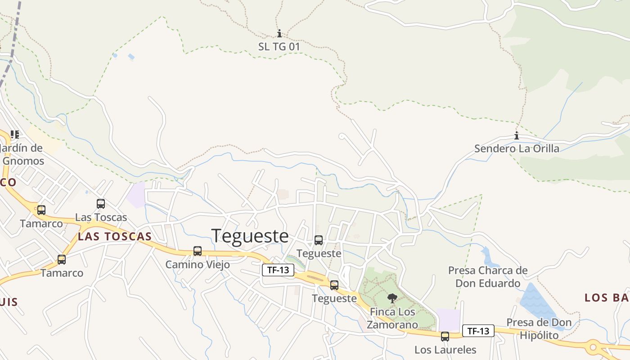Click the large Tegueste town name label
tap(250, 236)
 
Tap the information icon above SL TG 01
tap(279, 34)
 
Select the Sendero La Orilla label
tap(517, 148)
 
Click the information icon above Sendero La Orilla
tap(517, 136)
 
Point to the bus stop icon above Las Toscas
tap(101, 204)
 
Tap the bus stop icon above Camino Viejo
tap(198, 251)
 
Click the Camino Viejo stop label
tap(198, 265)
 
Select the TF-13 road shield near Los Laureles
tap(478, 331)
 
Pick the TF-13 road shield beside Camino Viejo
tap(278, 270)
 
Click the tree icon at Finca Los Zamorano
tap(392, 298)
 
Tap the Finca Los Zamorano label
tap(392, 318)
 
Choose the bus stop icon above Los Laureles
tap(445, 336)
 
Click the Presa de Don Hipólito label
tap(539, 329)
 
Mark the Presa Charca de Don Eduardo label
tap(487, 277)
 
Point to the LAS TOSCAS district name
tap(115, 237)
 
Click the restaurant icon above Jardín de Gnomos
tap(15, 135)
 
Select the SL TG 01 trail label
tap(279, 46)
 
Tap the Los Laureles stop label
tap(445, 350)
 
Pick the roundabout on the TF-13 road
tap(593, 347)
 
